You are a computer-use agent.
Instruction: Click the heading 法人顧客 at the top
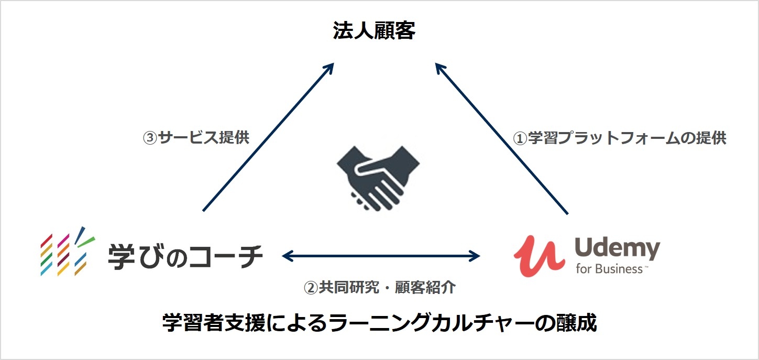coord(374,31)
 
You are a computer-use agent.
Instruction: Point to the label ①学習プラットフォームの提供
coord(619,138)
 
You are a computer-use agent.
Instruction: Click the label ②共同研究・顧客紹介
coord(380,287)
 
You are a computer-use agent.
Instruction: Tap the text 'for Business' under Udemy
coord(610,269)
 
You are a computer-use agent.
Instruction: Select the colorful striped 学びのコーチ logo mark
coord(68,253)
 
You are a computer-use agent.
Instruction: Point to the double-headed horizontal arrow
coord(381,256)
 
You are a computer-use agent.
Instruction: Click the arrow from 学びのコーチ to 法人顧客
coord(268,137)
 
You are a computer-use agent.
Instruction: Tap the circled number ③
coord(150,138)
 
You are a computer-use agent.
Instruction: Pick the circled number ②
coord(311,288)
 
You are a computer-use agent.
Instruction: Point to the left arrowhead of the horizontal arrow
coord(287,256)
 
